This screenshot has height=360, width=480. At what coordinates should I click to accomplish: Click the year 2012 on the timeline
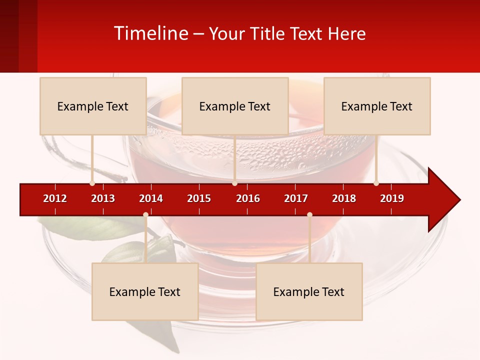click(x=55, y=198)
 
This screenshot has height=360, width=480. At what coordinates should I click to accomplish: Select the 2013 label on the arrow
click(x=103, y=198)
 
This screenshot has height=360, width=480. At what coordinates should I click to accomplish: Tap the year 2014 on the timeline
click(x=151, y=198)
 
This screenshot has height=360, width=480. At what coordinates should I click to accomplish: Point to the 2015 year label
click(x=199, y=198)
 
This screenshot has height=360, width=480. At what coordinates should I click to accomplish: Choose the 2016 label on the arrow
click(x=248, y=198)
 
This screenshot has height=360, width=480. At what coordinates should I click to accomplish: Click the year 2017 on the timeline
click(x=296, y=198)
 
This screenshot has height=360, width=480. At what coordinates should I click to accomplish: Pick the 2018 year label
click(x=344, y=198)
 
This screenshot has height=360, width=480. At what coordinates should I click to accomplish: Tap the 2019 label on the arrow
click(x=392, y=198)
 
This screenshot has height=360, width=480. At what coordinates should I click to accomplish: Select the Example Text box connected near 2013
click(x=93, y=106)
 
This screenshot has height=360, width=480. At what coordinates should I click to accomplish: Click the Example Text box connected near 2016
click(x=235, y=106)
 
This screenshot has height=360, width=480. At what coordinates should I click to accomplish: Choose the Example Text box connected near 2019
click(x=377, y=106)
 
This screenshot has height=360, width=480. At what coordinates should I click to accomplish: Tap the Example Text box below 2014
click(x=145, y=291)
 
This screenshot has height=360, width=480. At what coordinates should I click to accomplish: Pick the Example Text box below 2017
click(x=309, y=291)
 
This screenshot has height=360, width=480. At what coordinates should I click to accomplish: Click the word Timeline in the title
click(x=150, y=33)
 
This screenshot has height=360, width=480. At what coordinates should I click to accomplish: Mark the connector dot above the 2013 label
click(x=92, y=183)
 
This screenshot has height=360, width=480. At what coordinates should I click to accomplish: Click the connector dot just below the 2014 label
click(x=145, y=214)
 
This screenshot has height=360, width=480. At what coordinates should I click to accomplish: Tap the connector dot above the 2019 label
click(x=376, y=183)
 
